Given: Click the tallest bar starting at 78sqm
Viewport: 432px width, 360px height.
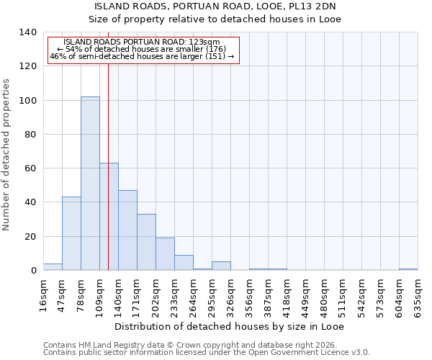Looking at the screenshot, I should click(x=90, y=184).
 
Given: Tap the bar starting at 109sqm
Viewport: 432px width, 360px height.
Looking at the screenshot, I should click(x=109, y=217).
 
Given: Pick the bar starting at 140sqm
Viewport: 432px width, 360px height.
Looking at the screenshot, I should click(x=127, y=230).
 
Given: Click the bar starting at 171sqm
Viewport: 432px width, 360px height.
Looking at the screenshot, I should click(x=146, y=242).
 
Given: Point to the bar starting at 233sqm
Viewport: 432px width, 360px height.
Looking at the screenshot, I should click(x=184, y=263).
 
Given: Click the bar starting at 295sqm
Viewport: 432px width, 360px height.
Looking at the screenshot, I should click(x=221, y=266).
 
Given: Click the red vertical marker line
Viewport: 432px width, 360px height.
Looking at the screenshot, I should click(x=108, y=144).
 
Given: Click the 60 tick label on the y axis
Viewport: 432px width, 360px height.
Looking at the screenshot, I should click(x=31, y=168).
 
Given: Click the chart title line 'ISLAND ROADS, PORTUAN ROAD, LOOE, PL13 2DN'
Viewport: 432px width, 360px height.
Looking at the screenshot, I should click(x=215, y=6).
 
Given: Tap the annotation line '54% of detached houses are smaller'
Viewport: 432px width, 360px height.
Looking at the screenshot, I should click(x=141, y=49).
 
